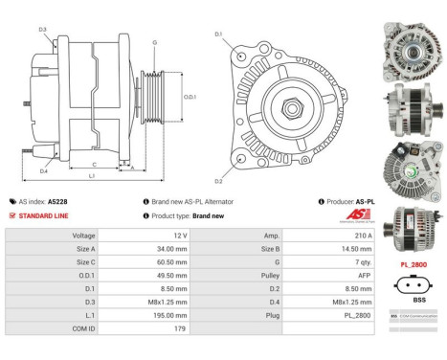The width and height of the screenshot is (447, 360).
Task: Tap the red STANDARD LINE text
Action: [47, 215]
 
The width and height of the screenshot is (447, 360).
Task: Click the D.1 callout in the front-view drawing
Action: [218, 34]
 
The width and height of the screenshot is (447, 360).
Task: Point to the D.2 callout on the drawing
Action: [218, 181]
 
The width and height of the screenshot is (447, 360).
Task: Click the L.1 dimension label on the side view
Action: [92, 177]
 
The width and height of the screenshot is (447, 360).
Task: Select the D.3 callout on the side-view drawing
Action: [42, 30]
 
